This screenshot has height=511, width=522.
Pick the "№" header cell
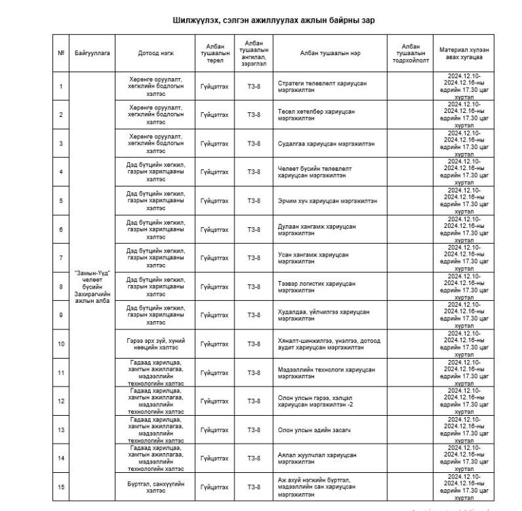pyautogui.click(x=61, y=52)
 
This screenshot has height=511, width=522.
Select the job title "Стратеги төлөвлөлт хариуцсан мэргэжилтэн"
pyautogui.click(x=323, y=86)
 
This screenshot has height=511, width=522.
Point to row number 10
pyautogui.click(x=61, y=344)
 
